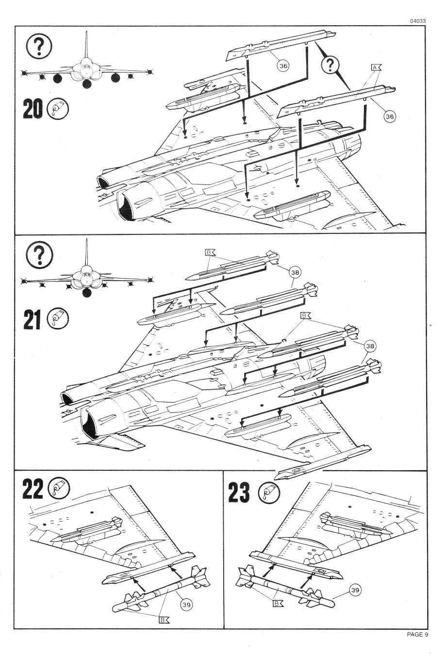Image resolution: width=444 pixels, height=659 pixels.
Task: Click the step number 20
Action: coord(33,109)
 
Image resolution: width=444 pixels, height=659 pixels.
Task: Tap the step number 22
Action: coord(33,489)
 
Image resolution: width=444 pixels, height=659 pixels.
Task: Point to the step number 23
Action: coord(239,492)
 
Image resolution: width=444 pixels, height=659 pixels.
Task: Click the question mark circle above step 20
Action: coord(39,46)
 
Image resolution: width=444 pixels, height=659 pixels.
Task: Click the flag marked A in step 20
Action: coord(376,68)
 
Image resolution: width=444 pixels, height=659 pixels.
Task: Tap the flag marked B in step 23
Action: coord(278,603)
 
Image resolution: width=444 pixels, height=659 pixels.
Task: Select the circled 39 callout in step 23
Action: coord(355,590)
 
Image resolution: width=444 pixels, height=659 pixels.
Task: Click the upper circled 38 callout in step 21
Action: coord(295,272)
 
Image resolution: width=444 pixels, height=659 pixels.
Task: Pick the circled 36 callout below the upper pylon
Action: coord(283,66)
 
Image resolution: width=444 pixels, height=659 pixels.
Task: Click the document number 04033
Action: coord(417,21)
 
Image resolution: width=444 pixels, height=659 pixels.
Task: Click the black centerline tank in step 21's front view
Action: coord(86,293)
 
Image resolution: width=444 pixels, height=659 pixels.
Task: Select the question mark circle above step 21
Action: coord(40,254)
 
